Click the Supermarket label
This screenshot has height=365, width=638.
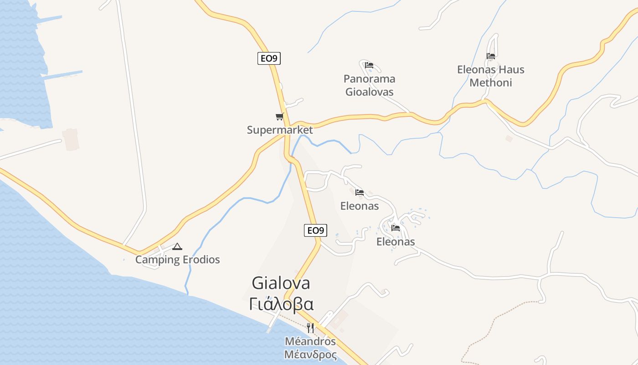(x=280, y=130)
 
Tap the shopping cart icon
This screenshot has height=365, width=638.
(x=279, y=117)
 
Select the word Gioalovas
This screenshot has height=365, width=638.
(x=369, y=92)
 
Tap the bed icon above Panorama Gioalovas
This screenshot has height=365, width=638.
(x=369, y=65)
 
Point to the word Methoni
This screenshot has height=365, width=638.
(x=491, y=83)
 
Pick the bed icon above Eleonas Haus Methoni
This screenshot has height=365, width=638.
(x=491, y=57)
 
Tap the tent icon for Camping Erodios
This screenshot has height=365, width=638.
(x=177, y=247)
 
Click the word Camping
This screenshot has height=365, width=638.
(x=158, y=260)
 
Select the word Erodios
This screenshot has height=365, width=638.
(x=201, y=260)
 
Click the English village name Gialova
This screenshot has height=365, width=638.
(x=281, y=283)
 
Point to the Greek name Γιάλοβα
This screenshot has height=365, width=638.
(x=281, y=304)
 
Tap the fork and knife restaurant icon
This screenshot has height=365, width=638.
(x=310, y=328)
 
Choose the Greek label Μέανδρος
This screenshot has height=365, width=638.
(x=310, y=355)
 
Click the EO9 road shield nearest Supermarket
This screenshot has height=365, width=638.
(x=269, y=58)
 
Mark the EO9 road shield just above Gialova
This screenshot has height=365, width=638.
(x=315, y=230)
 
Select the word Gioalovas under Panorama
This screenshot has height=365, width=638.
(x=369, y=92)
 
